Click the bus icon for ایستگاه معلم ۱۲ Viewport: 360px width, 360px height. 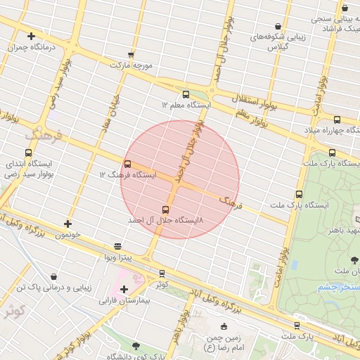tap(186, 94)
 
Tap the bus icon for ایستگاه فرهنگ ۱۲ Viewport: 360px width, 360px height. tap(127, 164)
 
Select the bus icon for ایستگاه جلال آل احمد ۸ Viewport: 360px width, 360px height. tap(166, 210)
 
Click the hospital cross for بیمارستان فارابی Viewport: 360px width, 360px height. tap(124, 290)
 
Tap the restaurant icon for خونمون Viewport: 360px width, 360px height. tap(67, 224)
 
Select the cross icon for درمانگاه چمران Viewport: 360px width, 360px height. tap(31, 36)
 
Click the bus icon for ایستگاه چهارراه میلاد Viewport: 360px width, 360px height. tap(337, 120)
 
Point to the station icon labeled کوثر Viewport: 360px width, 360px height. tap(162, 274)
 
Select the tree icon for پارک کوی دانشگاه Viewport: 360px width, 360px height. tap(136, 346)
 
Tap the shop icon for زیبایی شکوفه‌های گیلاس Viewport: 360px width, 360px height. tap(279, 27)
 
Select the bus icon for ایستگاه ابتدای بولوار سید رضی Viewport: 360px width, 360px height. tap(29, 153)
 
